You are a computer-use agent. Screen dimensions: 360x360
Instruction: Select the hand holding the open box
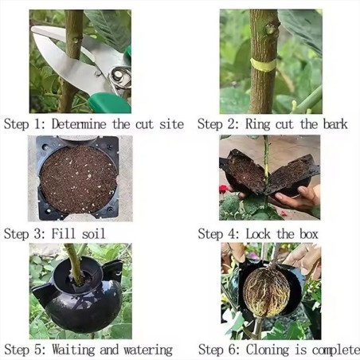pos(300,198)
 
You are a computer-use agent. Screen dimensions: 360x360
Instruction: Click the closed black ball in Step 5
pos(77,303)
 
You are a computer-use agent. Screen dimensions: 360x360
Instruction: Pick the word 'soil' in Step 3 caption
pos(92,233)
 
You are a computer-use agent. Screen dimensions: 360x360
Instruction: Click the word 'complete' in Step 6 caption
pos(333,350)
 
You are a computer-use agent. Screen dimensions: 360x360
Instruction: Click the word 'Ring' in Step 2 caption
pos(257,124)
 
